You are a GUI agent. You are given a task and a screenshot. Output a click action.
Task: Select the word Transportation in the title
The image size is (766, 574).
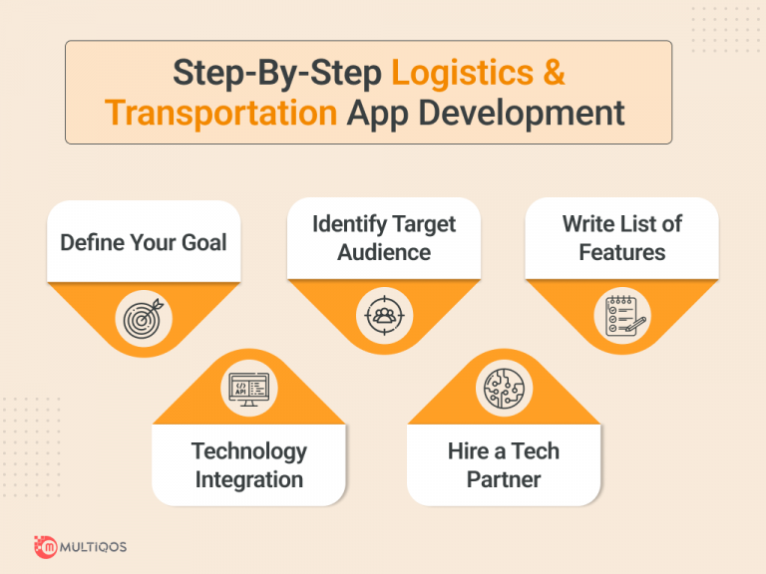click(220, 113)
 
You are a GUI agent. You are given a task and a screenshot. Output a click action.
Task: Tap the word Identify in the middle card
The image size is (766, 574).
click(345, 224)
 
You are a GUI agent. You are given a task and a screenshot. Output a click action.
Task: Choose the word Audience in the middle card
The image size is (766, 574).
click(383, 252)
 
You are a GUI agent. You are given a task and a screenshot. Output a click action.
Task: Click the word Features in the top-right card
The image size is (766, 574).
click(621, 252)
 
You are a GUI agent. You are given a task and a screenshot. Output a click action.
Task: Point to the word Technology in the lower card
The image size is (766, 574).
click(248, 451)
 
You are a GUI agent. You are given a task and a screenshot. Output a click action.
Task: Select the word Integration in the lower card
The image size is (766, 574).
click(248, 479)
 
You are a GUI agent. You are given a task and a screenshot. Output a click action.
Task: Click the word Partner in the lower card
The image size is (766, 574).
click(504, 479)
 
